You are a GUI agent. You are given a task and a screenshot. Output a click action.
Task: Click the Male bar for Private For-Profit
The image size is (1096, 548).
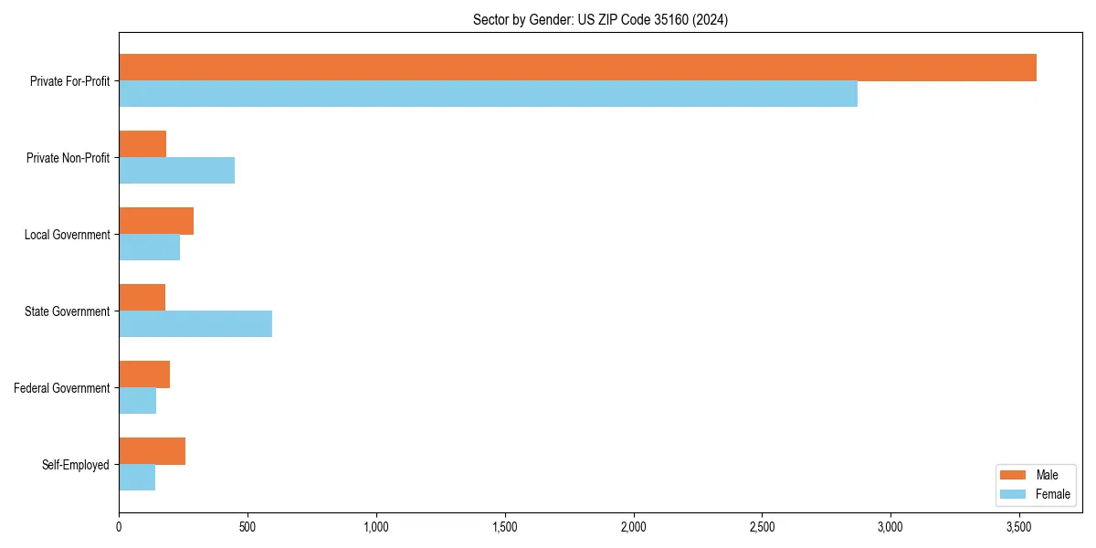tap(577, 68)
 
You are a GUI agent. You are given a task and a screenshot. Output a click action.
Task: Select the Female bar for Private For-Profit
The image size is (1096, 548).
tap(488, 94)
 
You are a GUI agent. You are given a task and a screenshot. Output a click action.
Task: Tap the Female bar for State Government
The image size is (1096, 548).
tap(195, 324)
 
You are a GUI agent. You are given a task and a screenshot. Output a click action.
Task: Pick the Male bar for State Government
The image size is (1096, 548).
tap(142, 298)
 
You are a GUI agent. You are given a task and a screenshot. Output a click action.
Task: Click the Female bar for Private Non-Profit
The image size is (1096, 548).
tap(176, 171)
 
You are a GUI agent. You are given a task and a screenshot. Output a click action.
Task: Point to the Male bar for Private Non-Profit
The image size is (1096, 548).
tap(142, 144)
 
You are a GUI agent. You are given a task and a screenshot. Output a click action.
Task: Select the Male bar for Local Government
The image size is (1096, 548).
tap(156, 221)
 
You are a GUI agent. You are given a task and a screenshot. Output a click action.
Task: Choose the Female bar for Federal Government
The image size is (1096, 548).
tap(137, 401)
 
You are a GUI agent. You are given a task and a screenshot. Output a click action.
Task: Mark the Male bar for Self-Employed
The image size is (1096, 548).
tap(152, 451)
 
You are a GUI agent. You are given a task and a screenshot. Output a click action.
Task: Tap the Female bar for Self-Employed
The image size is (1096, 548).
tap(137, 478)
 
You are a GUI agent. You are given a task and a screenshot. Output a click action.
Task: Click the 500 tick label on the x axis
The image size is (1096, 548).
tap(248, 527)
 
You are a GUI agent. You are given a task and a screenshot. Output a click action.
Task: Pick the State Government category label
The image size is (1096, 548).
tap(67, 311)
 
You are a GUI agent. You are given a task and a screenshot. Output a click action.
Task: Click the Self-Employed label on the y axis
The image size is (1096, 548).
tap(75, 465)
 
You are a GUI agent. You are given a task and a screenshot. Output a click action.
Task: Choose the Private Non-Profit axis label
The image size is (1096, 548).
tap(68, 158)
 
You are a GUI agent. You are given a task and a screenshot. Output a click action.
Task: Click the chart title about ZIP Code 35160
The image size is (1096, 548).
tap(600, 19)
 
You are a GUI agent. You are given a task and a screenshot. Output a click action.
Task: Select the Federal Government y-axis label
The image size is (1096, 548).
tap(62, 388)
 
